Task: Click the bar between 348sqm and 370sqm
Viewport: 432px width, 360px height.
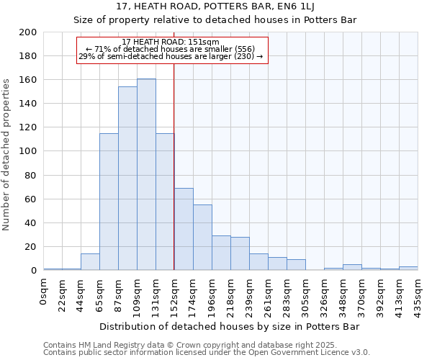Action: pyautogui.click(x=352, y=267)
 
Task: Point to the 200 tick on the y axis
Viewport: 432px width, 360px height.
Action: pyautogui.click(x=29, y=32)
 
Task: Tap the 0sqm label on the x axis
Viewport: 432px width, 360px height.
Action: pyautogui.click(x=44, y=292)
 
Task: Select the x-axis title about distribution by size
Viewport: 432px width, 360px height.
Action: pyautogui.click(x=229, y=326)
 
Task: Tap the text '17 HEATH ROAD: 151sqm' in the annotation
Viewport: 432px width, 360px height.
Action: pyautogui.click(x=171, y=42)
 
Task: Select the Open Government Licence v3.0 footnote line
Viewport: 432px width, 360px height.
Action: pyautogui.click(x=207, y=352)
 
